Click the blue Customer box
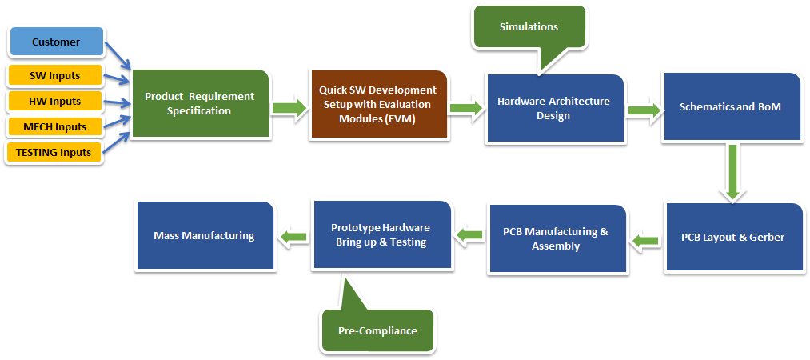(56, 42)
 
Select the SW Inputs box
(54, 75)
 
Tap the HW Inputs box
(54, 102)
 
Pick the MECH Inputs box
(54, 126)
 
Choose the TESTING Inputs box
(54, 152)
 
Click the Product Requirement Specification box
(201, 103)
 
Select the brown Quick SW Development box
(378, 104)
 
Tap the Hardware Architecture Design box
(554, 108)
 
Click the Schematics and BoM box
(732, 107)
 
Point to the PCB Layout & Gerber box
(733, 237)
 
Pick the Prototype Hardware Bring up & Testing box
(381, 235)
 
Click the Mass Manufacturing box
(205, 235)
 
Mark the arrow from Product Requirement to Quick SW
(289, 108)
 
